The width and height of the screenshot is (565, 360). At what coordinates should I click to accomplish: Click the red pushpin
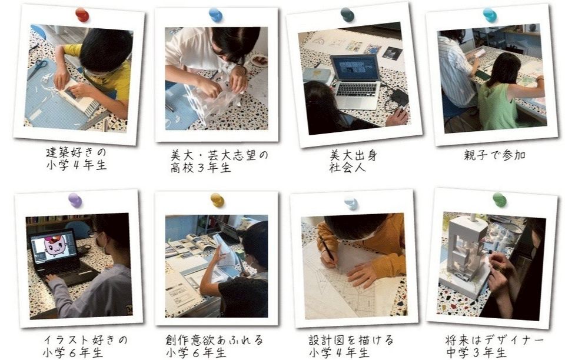(x=82, y=15)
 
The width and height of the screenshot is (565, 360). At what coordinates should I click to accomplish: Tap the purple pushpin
(x=75, y=200)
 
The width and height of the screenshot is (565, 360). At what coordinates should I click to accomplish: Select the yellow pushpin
(x=217, y=200)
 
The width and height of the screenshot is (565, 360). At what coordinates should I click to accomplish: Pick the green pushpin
(x=500, y=199)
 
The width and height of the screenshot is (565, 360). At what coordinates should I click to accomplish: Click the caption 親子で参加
(x=494, y=155)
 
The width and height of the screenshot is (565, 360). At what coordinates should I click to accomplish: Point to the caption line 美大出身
(x=354, y=155)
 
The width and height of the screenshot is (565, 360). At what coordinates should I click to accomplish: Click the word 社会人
(x=347, y=168)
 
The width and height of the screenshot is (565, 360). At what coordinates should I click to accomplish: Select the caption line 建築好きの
(x=77, y=152)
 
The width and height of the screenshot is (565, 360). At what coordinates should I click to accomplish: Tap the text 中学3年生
(x=476, y=352)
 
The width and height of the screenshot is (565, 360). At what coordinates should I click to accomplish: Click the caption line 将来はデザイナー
(x=494, y=340)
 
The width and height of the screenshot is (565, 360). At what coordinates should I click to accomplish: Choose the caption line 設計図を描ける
(x=351, y=340)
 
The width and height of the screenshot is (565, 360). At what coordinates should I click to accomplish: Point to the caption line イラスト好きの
(x=85, y=340)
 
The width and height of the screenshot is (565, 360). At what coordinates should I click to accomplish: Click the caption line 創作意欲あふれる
(x=214, y=340)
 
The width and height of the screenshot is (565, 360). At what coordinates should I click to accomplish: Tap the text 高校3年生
(x=201, y=168)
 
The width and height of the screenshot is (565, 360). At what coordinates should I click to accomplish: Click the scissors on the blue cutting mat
(x=37, y=69)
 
